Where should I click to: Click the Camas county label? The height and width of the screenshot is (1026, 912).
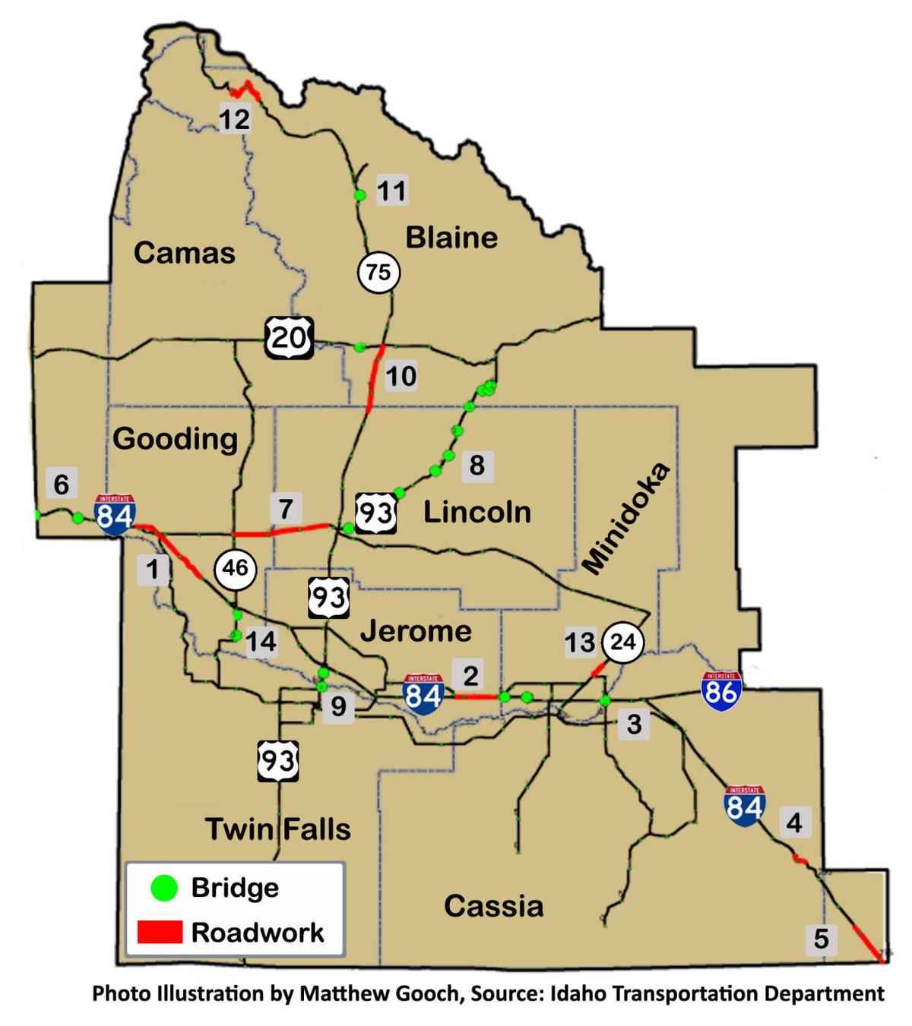(185, 253)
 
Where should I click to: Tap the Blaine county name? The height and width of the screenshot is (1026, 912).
(451, 238)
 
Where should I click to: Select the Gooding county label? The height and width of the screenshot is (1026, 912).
(175, 438)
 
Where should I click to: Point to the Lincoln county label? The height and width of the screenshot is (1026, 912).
(477, 512)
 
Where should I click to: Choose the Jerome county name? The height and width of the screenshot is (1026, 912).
(416, 630)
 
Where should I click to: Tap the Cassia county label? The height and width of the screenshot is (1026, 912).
(493, 905)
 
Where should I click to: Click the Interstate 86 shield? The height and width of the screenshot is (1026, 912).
(720, 690)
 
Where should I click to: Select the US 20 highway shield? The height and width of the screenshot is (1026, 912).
(289, 337)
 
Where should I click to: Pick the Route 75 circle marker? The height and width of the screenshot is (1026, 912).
(378, 271)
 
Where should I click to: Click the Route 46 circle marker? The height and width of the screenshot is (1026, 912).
(235, 567)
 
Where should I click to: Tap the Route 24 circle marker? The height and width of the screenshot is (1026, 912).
(622, 642)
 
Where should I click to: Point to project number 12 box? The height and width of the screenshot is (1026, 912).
(234, 118)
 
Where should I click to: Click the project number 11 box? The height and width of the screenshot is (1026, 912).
(392, 190)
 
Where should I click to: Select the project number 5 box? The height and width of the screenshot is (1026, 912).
(821, 939)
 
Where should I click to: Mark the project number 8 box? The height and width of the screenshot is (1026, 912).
(477, 465)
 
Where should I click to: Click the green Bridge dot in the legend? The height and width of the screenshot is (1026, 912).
(164, 888)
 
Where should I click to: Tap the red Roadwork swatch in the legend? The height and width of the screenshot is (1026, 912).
(160, 932)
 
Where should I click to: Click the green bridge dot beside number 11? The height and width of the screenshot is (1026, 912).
(360, 195)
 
